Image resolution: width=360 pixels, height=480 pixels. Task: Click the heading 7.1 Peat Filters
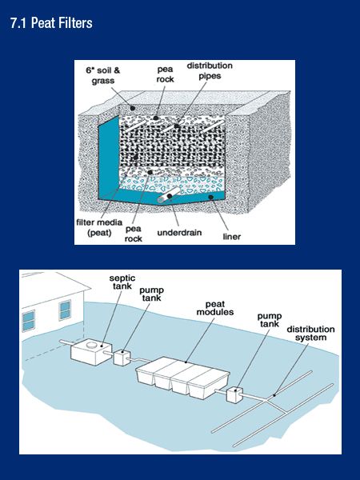click(x=51, y=24)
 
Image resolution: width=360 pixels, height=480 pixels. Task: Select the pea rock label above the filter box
click(x=166, y=75)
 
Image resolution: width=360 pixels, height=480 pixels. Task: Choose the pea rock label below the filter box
click(x=134, y=232)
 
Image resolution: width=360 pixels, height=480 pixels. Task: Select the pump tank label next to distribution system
click(x=270, y=321)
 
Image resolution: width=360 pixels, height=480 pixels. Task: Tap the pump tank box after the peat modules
click(x=234, y=395)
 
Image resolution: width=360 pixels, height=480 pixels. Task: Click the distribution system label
click(x=310, y=334)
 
